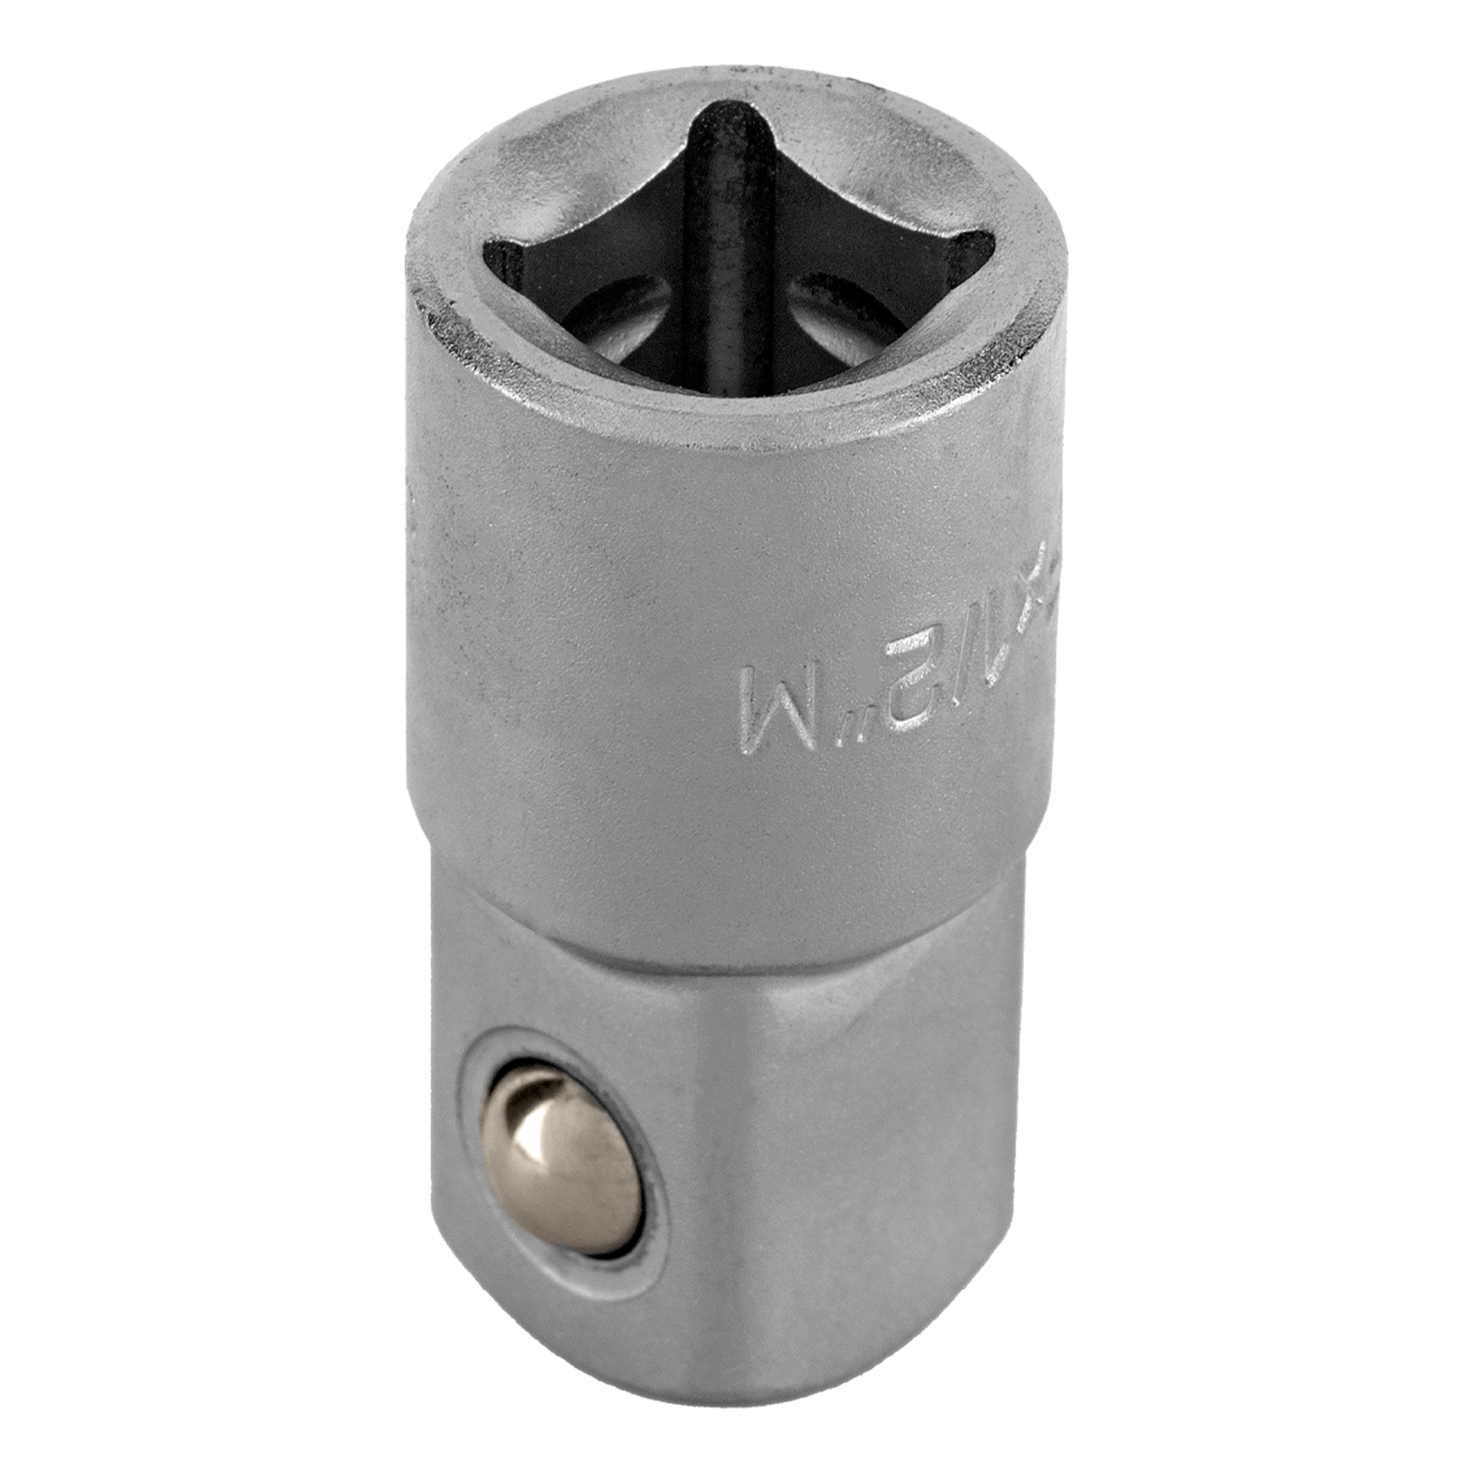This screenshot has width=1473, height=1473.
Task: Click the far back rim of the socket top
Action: [x=718, y=78]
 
